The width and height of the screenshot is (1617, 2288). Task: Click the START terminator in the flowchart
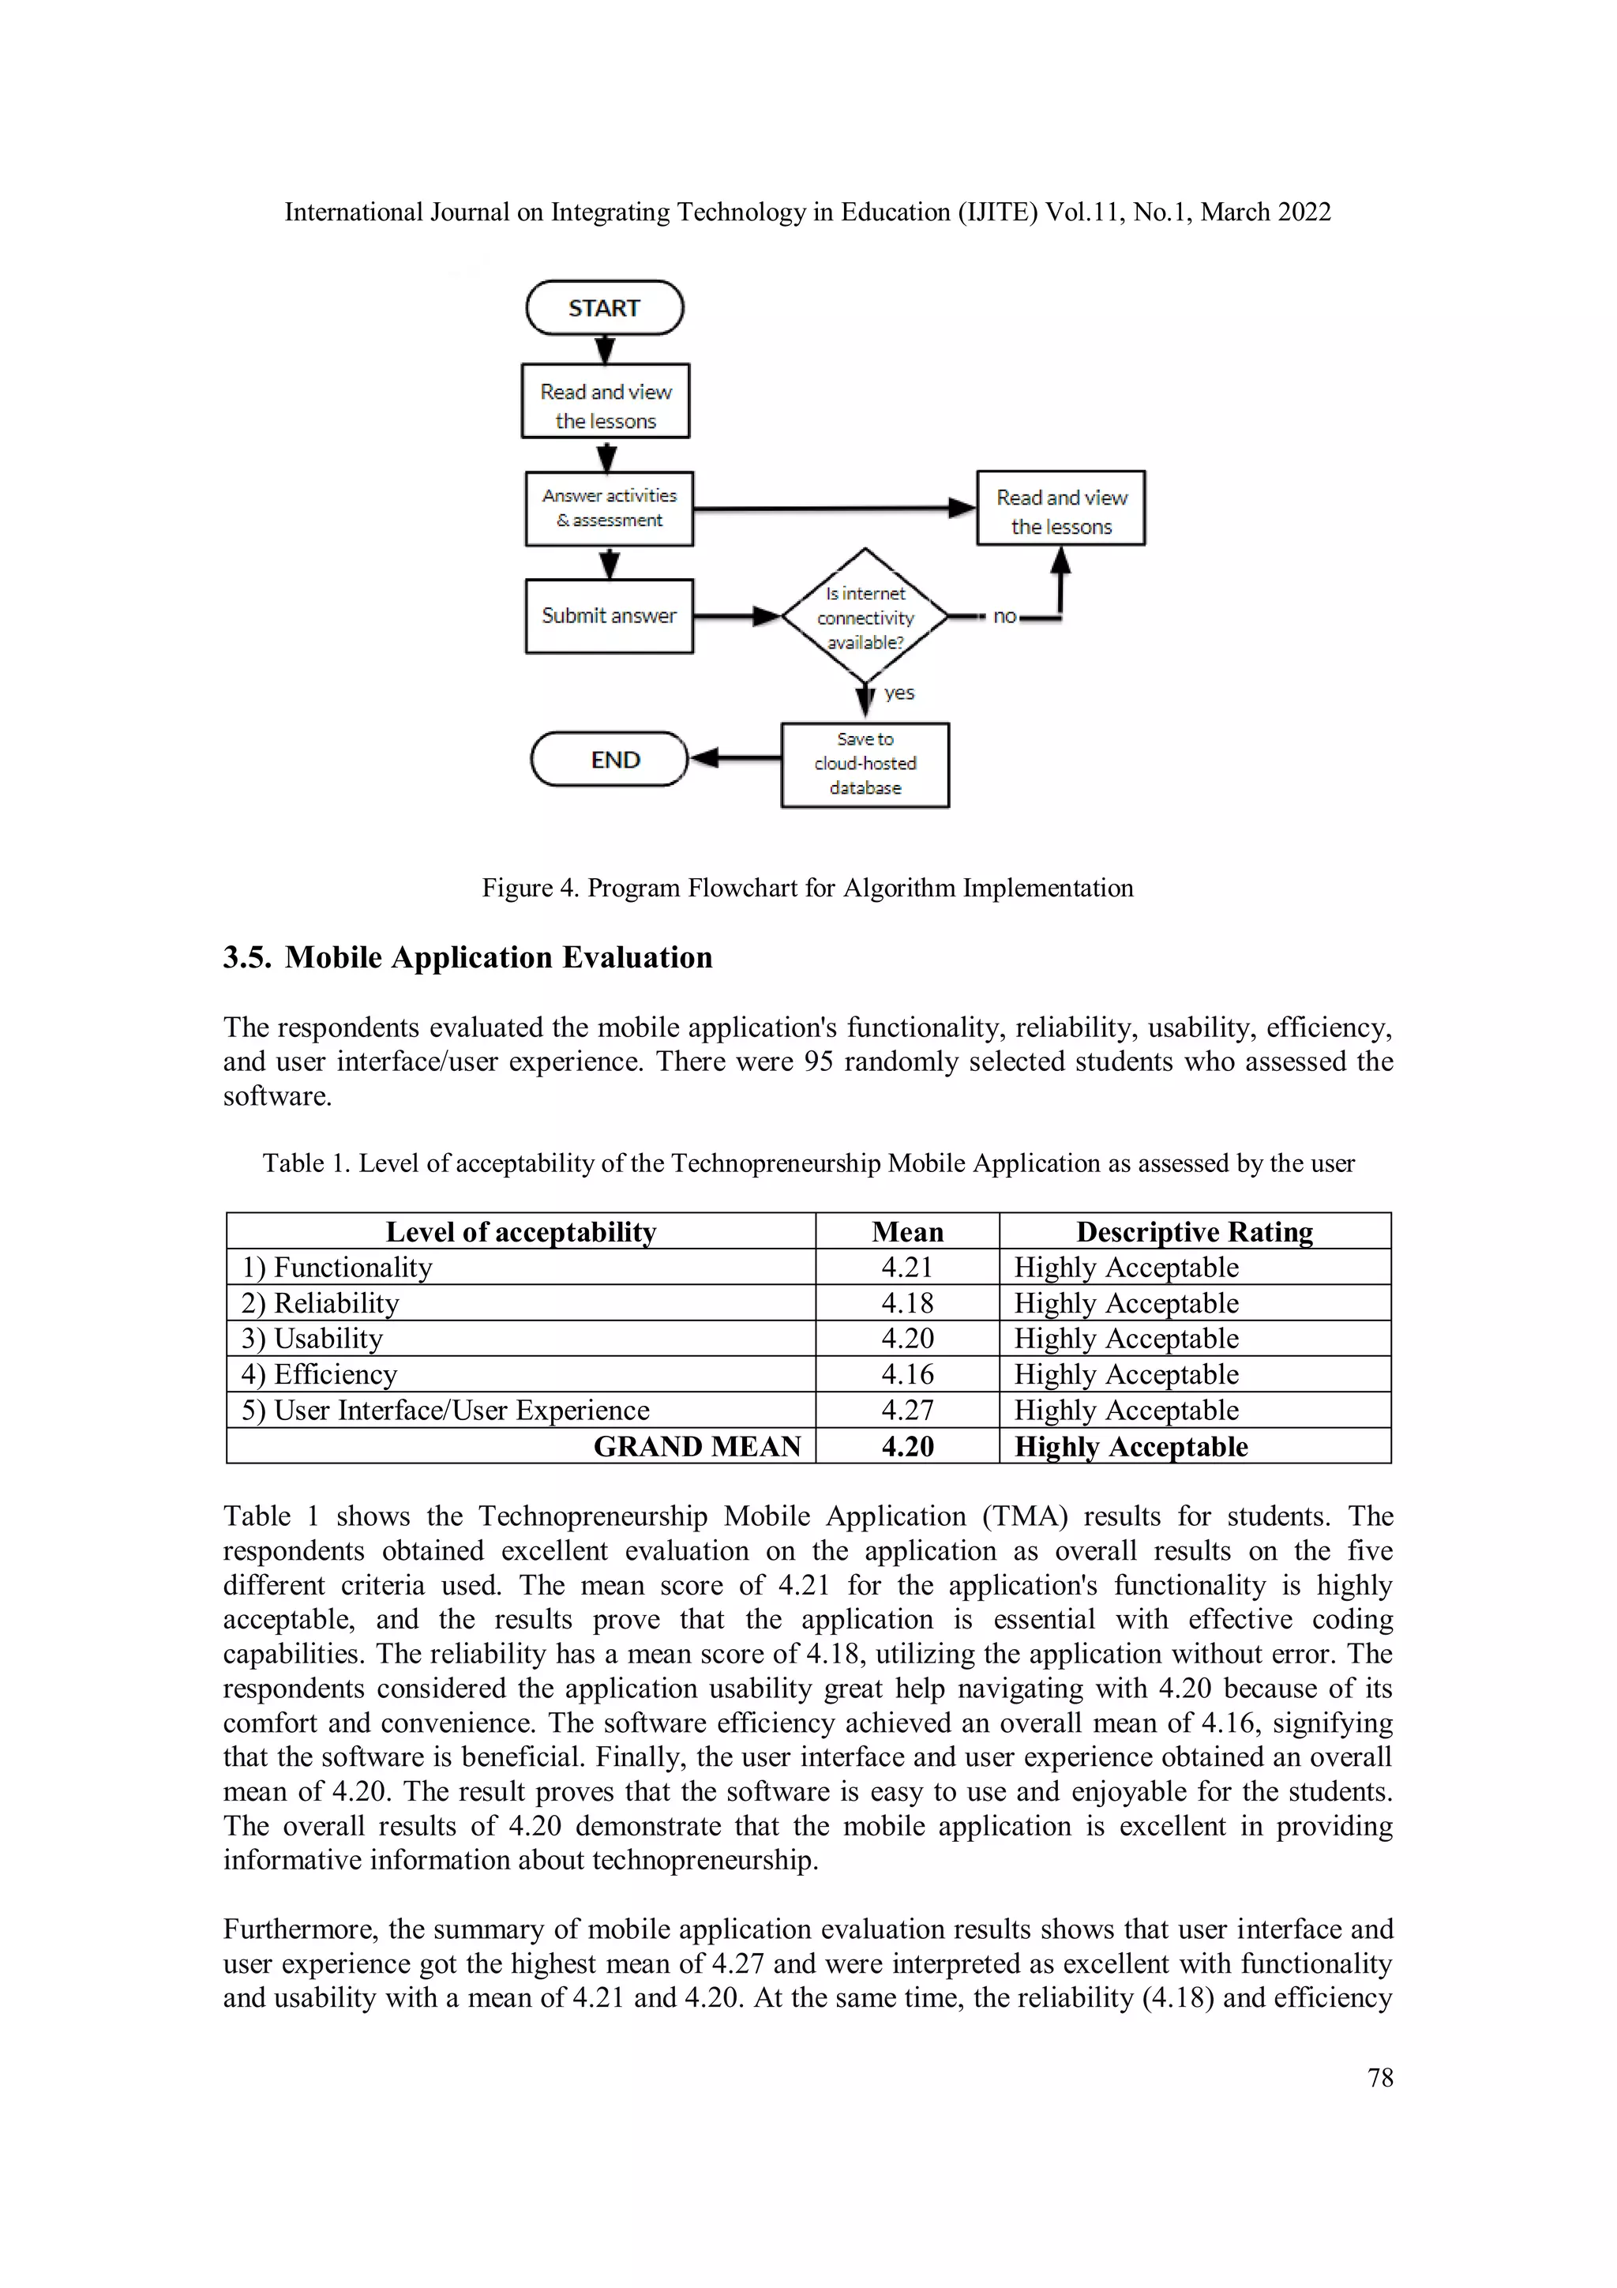pyautogui.click(x=604, y=308)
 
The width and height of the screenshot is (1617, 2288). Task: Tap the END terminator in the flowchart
pyautogui.click(x=610, y=759)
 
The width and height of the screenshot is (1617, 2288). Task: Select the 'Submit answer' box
pyautogui.click(x=609, y=616)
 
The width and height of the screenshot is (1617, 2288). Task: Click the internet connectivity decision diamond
pyautogui.click(x=864, y=617)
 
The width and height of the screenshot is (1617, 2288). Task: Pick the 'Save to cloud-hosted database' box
pyautogui.click(x=865, y=765)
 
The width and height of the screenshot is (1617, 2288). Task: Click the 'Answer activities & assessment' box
pyautogui.click(x=609, y=508)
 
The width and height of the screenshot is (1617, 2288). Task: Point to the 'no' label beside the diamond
pyautogui.click(x=1004, y=617)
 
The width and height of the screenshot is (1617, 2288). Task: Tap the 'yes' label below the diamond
pyautogui.click(x=899, y=693)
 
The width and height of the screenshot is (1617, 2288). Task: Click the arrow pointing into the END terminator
pyautogui.click(x=734, y=759)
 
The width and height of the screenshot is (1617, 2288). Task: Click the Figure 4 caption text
pyautogui.click(x=807, y=888)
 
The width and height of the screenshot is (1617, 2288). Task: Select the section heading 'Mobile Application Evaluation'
pyautogui.click(x=498, y=958)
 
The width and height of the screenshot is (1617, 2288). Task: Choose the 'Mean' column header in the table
pyautogui.click(x=906, y=1232)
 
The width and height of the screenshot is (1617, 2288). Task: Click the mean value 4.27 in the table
pyautogui.click(x=906, y=1410)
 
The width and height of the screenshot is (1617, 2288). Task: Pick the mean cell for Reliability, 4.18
pyautogui.click(x=906, y=1303)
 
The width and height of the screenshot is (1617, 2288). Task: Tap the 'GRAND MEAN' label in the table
pyautogui.click(x=696, y=1447)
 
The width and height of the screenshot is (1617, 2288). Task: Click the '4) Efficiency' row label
pyautogui.click(x=319, y=1375)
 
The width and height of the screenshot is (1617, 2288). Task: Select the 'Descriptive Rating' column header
pyautogui.click(x=1194, y=1232)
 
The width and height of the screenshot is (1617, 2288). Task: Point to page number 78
pyautogui.click(x=1380, y=2078)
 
